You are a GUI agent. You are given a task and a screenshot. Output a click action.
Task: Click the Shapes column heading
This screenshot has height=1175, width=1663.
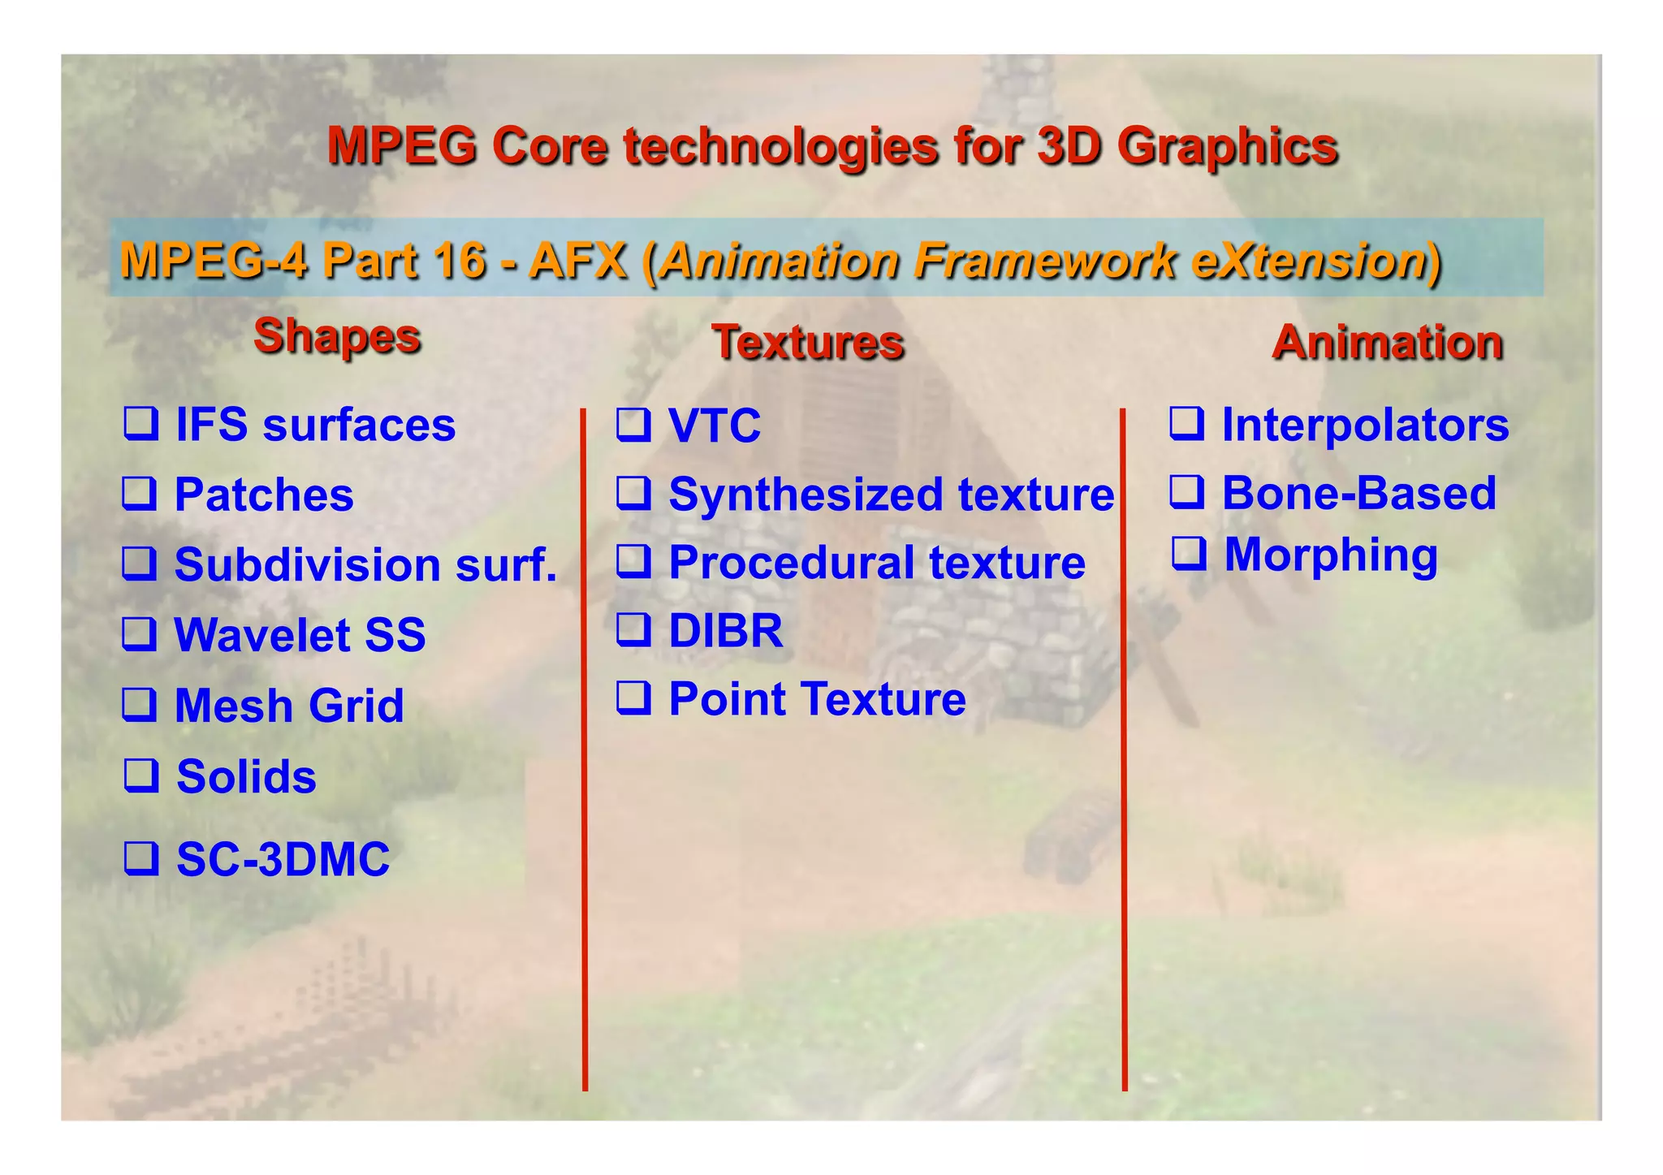(x=337, y=335)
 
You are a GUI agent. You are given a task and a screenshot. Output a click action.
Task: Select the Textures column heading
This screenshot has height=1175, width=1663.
(x=808, y=342)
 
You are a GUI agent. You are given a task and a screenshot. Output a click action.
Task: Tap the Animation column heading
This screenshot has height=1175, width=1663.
(x=1387, y=342)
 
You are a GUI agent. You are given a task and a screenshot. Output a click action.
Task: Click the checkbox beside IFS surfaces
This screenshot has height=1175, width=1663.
(x=140, y=424)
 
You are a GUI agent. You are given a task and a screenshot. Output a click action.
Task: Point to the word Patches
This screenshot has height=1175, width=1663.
(x=264, y=495)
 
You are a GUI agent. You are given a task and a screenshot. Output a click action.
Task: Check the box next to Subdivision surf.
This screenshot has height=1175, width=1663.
(x=140, y=564)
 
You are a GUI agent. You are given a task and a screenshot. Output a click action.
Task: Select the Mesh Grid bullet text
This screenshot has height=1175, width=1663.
(x=289, y=705)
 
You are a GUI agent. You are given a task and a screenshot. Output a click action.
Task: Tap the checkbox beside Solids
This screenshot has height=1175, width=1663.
(x=140, y=775)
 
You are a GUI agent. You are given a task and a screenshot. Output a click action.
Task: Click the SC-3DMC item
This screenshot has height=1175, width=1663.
(x=283, y=859)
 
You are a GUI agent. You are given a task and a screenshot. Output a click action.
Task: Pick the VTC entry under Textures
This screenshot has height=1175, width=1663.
(x=715, y=426)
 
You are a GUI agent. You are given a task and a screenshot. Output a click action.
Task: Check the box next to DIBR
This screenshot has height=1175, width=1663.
(x=633, y=629)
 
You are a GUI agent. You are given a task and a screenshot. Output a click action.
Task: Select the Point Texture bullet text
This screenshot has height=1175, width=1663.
(x=817, y=699)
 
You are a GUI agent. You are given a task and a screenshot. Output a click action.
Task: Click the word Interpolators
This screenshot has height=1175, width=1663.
(x=1365, y=425)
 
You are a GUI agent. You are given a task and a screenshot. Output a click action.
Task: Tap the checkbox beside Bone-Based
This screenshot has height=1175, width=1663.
(x=1186, y=492)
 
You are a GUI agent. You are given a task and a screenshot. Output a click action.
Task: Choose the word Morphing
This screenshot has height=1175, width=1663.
(x=1331, y=555)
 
